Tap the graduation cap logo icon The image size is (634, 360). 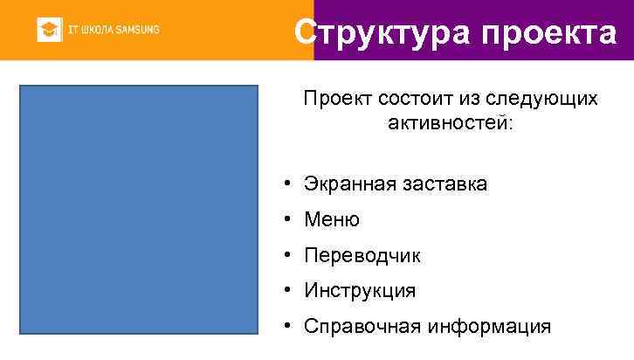click(49, 31)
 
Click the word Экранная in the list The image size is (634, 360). click(344, 184)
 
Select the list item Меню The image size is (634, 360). click(332, 220)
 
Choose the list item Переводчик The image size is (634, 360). click(362, 256)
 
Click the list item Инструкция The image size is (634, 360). click(360, 290)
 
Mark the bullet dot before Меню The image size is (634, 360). click(286, 220)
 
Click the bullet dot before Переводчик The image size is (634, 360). click(286, 256)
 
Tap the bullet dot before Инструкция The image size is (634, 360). click(286, 290)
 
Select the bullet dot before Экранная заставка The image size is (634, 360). click(286, 184)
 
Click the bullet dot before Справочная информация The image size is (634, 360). click(286, 327)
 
